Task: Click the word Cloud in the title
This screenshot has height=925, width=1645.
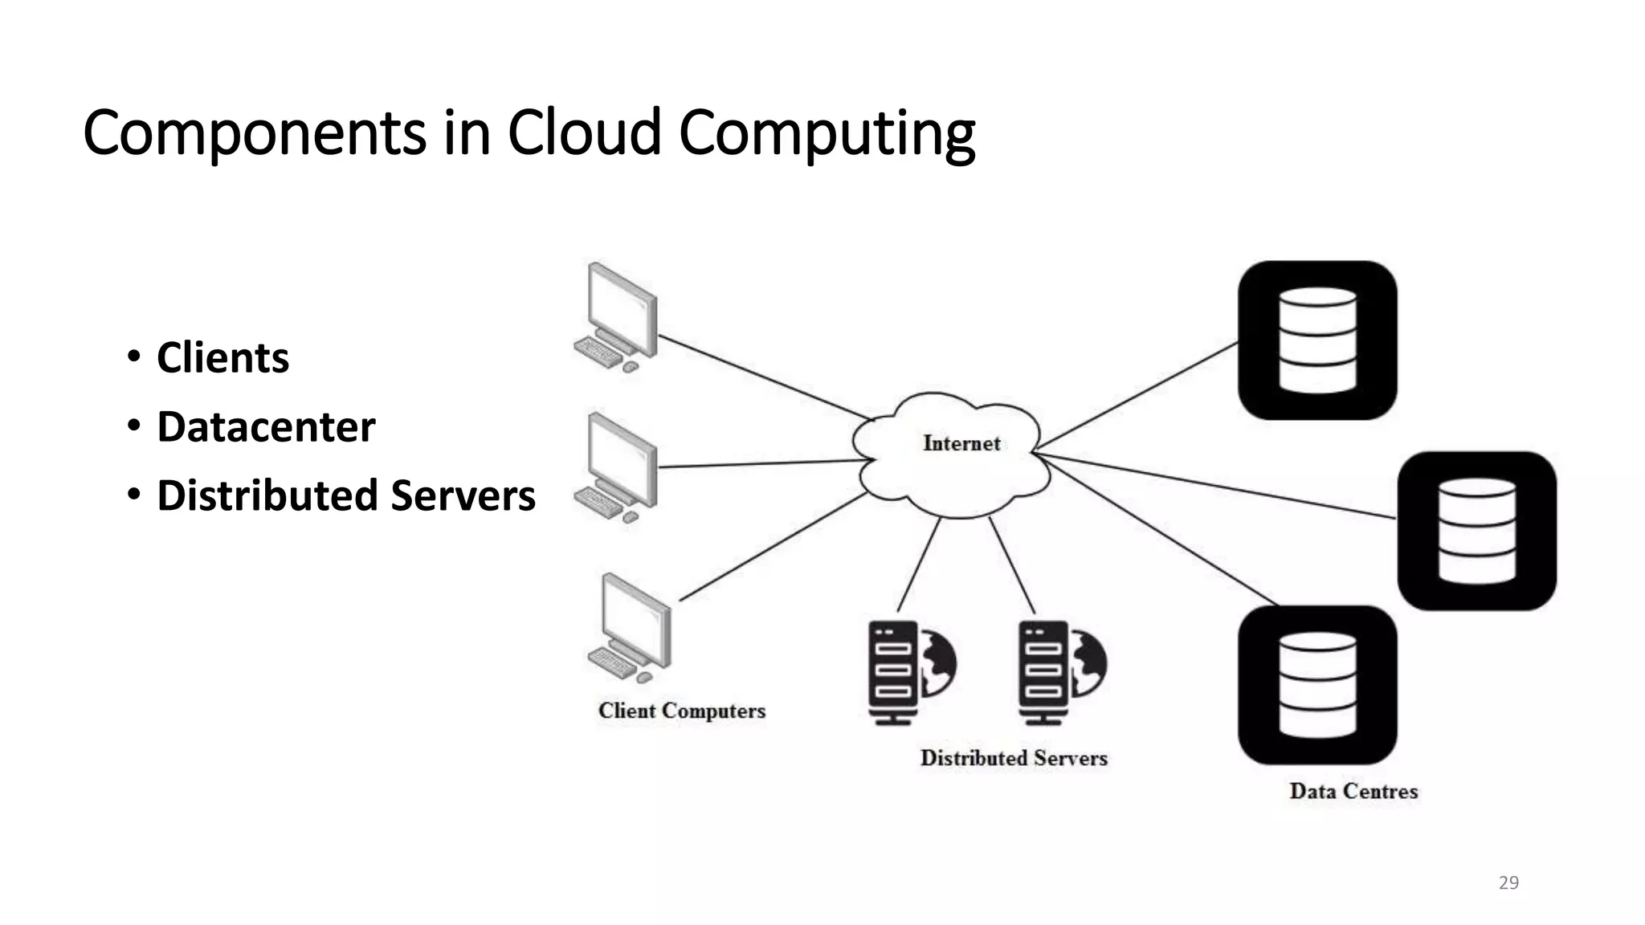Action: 584,132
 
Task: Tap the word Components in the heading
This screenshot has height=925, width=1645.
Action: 254,132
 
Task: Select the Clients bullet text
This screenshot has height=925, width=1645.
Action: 222,357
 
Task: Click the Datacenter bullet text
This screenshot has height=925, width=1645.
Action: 266,426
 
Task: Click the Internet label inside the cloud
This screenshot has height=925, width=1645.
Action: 961,443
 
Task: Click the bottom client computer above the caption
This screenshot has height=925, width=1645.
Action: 632,627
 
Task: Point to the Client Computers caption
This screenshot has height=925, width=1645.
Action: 681,711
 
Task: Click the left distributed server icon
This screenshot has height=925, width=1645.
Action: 910,672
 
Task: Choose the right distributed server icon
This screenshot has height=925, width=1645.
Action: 1061,672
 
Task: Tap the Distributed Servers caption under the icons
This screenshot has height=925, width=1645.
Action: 1014,758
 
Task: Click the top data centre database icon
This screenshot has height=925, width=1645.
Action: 1317,340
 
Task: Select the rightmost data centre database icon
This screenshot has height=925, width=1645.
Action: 1476,531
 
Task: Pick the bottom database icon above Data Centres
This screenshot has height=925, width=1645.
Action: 1317,685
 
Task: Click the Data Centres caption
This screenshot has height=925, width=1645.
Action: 1353,791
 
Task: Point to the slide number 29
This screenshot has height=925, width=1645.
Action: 1508,882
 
